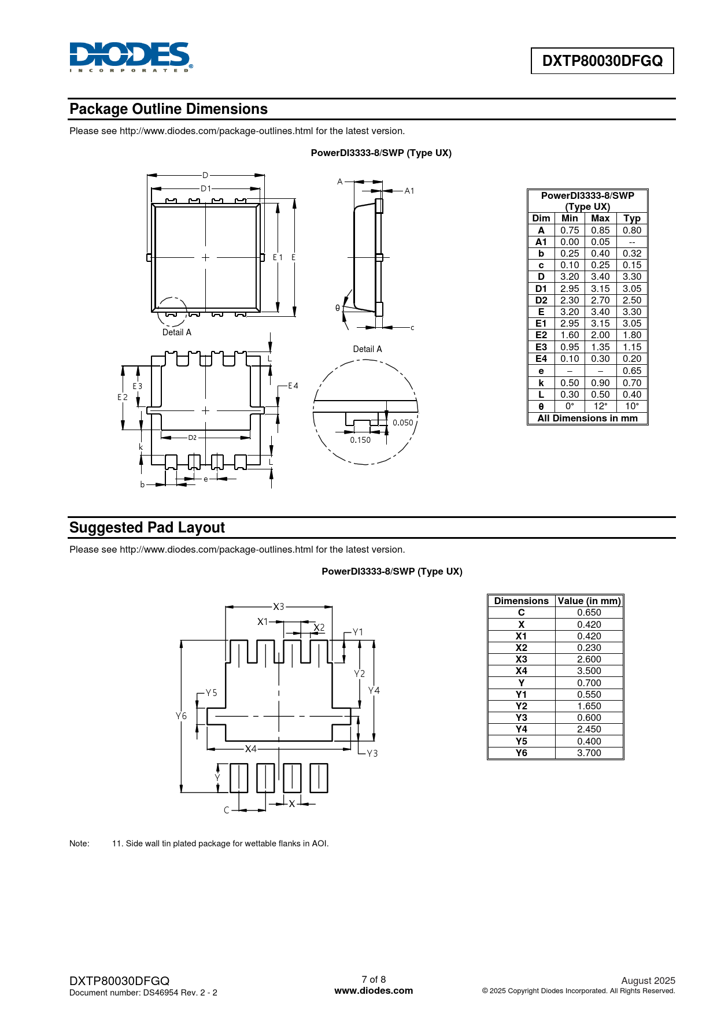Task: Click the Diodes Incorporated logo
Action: tap(131, 57)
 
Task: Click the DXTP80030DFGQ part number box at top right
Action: tap(603, 61)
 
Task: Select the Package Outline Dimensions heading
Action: tap(168, 109)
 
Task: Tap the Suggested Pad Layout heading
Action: tap(147, 528)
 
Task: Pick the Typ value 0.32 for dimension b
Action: tap(632, 253)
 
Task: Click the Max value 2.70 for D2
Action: tap(600, 300)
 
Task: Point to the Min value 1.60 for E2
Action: tap(570, 335)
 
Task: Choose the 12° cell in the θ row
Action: tap(600, 406)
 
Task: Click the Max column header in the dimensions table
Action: tap(600, 218)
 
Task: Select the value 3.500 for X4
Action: tap(589, 671)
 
